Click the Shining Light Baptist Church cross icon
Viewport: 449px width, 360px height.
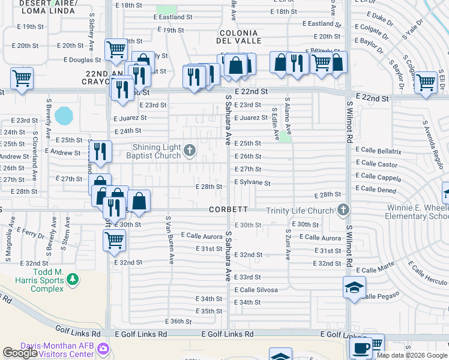190,150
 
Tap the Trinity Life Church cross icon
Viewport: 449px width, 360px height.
343,210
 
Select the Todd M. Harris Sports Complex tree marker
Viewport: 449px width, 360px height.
73,279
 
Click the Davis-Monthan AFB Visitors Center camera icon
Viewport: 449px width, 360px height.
103,349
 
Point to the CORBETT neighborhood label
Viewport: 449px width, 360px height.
228,209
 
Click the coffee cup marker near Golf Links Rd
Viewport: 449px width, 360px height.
361,348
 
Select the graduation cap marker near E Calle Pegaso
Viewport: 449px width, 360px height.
354,287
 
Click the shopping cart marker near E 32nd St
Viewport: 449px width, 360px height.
114,241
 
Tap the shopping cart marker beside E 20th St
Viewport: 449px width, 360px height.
116,49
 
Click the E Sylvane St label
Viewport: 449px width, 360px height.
253,182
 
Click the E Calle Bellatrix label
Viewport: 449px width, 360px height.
378,151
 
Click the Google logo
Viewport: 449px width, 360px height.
20,353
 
